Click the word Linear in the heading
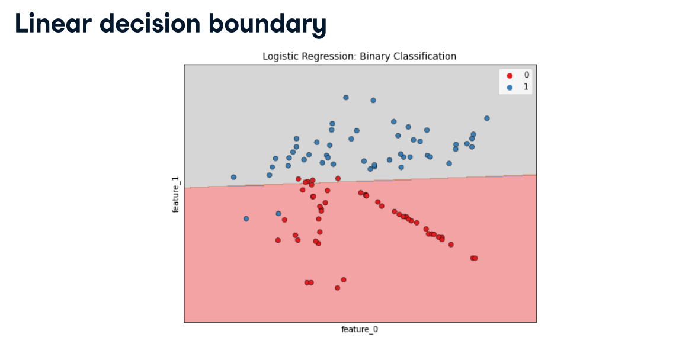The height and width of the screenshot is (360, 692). pyautogui.click(x=53, y=23)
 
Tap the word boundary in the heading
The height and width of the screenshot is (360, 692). pyautogui.click(x=267, y=25)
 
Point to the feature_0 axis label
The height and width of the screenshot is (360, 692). pyautogui.click(x=360, y=329)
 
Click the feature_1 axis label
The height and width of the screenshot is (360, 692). pyautogui.click(x=175, y=195)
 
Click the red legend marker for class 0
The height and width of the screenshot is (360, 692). pyautogui.click(x=510, y=75)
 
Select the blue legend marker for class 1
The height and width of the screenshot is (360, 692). pyautogui.click(x=510, y=88)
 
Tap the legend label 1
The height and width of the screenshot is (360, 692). pyautogui.click(x=526, y=87)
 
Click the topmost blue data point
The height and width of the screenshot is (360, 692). pyautogui.click(x=346, y=98)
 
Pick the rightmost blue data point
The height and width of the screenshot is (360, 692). pyautogui.click(x=487, y=118)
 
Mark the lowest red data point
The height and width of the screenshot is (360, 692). pyautogui.click(x=338, y=288)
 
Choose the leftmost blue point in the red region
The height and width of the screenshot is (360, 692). pyautogui.click(x=246, y=219)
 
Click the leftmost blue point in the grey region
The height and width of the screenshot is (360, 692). pyautogui.click(x=233, y=178)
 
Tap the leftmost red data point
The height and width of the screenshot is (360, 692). pyautogui.click(x=278, y=240)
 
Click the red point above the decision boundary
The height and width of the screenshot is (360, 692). pyautogui.click(x=338, y=179)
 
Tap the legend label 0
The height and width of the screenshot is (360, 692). pyautogui.click(x=526, y=75)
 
